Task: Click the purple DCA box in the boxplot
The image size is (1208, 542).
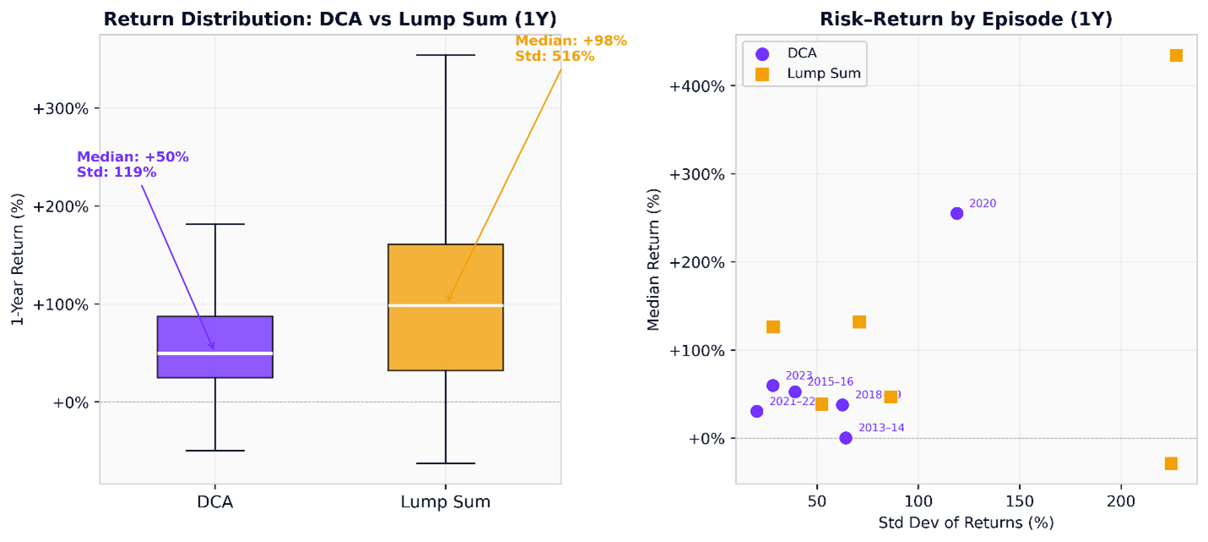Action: click(215, 334)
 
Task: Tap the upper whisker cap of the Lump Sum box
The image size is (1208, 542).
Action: click(445, 55)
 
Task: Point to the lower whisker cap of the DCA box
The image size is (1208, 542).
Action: click(215, 451)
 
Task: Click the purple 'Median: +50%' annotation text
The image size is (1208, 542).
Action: click(133, 157)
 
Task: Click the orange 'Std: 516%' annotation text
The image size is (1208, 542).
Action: click(555, 57)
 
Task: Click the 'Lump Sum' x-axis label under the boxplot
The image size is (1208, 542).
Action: click(445, 502)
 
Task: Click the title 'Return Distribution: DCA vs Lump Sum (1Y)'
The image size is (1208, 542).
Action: click(329, 19)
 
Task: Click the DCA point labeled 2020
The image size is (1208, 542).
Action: click(956, 213)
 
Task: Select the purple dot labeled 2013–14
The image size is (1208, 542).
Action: click(846, 438)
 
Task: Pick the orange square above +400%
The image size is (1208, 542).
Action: click(1176, 56)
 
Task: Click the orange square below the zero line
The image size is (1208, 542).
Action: click(1171, 463)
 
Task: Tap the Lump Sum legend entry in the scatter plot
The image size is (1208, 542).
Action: click(823, 74)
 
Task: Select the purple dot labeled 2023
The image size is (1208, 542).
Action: click(772, 386)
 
